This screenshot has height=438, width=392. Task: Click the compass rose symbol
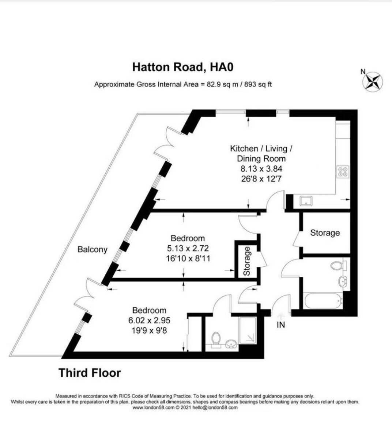coord(373,81)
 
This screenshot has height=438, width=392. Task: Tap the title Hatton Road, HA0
coord(183,67)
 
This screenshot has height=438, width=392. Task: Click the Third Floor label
coord(90,373)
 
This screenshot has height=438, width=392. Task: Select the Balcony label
coord(93,250)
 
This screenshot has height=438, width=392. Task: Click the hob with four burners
coord(343,172)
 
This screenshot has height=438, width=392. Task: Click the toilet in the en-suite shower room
coord(216,338)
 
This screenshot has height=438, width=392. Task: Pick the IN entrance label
coord(280,325)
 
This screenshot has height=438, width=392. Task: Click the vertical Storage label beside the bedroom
coord(247,261)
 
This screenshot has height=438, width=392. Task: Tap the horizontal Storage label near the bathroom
coord(325,233)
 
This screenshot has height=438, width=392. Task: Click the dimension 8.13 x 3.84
coord(261,169)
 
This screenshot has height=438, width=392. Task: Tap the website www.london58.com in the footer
coord(153,407)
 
